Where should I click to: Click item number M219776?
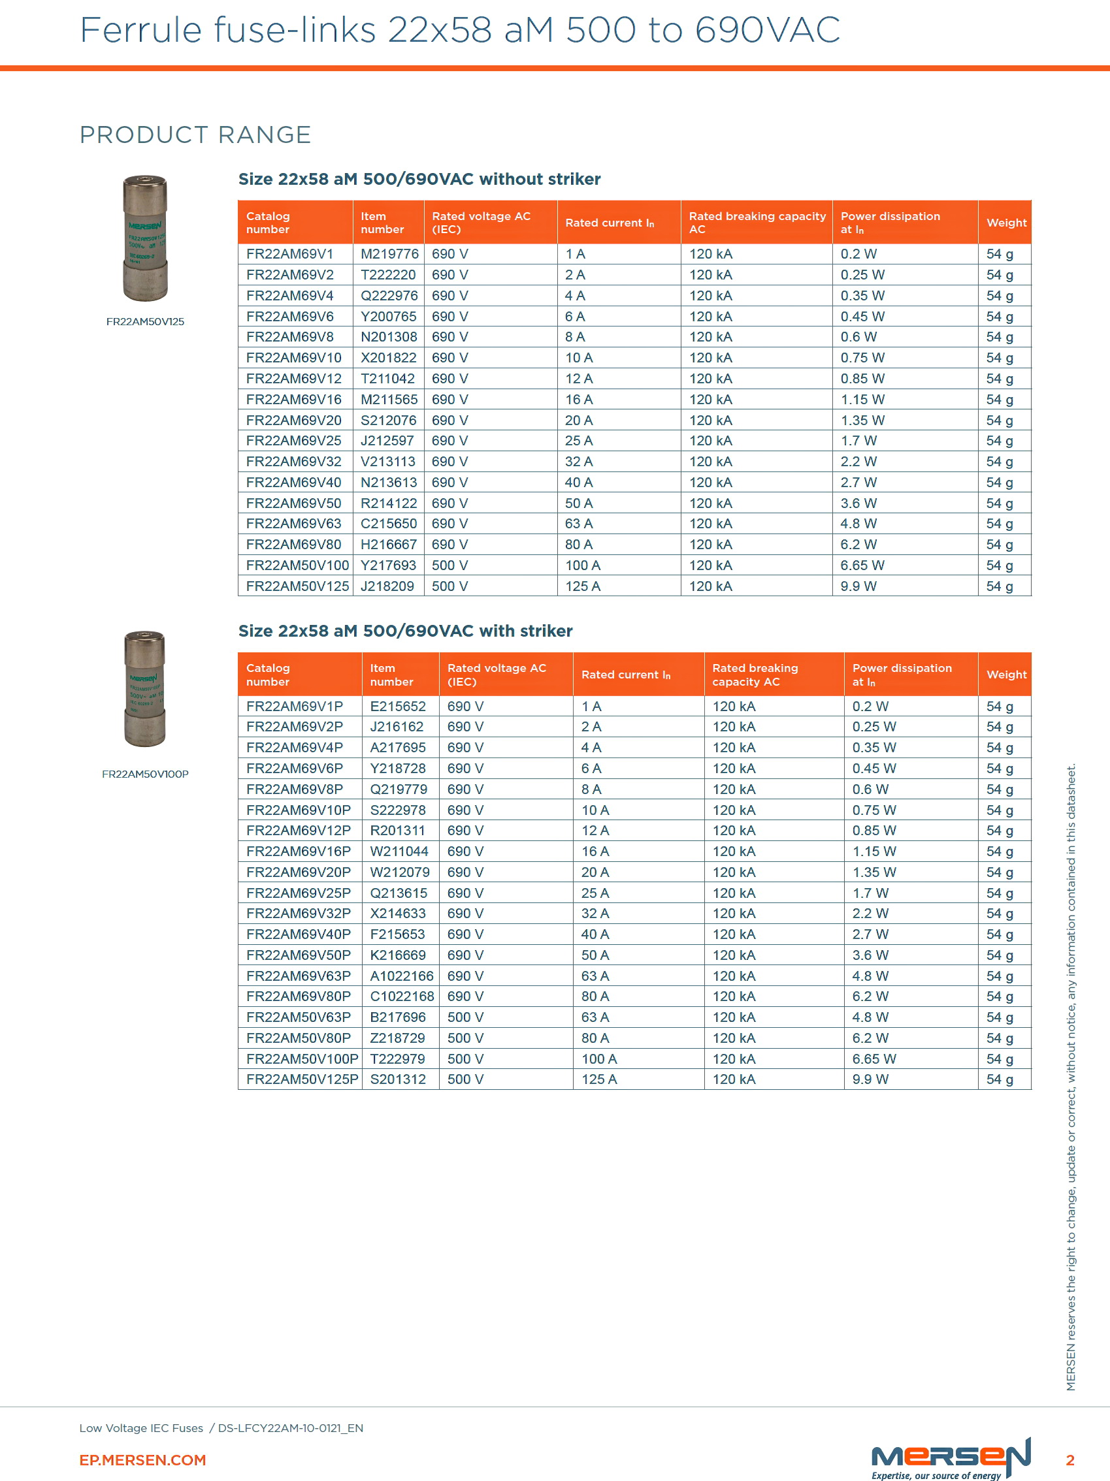tap(389, 255)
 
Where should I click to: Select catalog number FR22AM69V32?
tap(293, 462)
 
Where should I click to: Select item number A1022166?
tap(401, 976)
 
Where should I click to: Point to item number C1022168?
tap(402, 997)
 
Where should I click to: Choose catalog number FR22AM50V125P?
tap(302, 1079)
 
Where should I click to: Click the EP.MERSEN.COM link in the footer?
tap(142, 1460)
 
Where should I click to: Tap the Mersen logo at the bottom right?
tap(950, 1457)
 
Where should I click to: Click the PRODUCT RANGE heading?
tap(195, 135)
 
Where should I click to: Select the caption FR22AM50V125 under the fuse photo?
tap(144, 322)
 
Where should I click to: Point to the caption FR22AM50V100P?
tap(144, 774)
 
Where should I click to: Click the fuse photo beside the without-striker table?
tap(144, 238)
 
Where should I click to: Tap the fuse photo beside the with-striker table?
tap(144, 689)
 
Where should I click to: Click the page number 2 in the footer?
tap(1069, 1460)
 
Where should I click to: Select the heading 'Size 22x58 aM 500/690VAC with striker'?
tap(405, 631)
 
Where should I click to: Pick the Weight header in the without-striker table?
tap(1005, 223)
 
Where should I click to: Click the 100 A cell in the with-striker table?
tap(598, 1059)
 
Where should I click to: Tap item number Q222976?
tap(389, 296)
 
